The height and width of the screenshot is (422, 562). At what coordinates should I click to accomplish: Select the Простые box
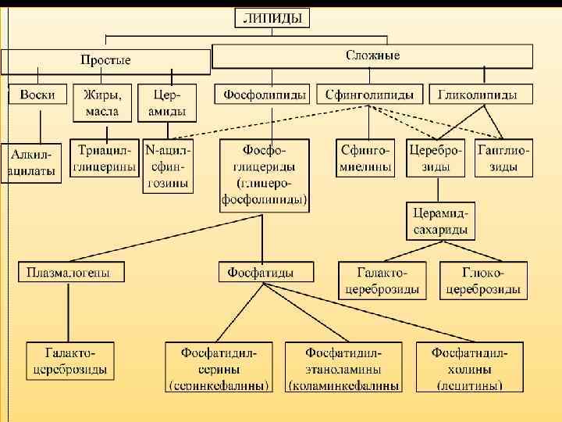click(105, 60)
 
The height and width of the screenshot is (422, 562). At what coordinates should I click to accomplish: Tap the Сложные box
click(372, 55)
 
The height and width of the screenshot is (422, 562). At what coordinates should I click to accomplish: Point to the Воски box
click(37, 95)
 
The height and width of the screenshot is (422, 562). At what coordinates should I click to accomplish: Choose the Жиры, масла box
click(102, 102)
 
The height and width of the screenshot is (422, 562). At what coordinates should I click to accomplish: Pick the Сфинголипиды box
click(370, 95)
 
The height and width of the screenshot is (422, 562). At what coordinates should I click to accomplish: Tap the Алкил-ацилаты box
click(30, 163)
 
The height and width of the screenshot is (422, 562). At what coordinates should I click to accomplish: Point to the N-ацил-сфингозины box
click(168, 166)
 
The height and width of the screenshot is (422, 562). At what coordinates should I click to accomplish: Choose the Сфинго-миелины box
click(368, 159)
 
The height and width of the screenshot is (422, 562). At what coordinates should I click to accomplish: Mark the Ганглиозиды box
click(503, 159)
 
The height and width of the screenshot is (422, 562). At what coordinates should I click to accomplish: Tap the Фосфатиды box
click(265, 272)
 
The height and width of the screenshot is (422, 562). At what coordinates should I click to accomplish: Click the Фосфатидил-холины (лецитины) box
click(470, 367)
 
